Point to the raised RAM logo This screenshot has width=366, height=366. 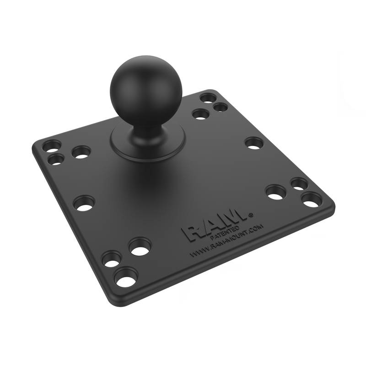pyautogui.click(x=215, y=227)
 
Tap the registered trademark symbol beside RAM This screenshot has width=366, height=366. pyautogui.click(x=250, y=214)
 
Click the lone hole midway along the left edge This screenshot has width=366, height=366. pyautogui.click(x=84, y=203)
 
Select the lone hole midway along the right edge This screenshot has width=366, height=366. pyautogui.click(x=254, y=143)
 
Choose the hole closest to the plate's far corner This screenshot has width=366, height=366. pyautogui.click(x=208, y=98)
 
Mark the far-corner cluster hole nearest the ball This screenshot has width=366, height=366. pyautogui.click(x=200, y=113)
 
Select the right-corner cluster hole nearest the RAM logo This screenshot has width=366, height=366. pyautogui.click(x=275, y=192)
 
